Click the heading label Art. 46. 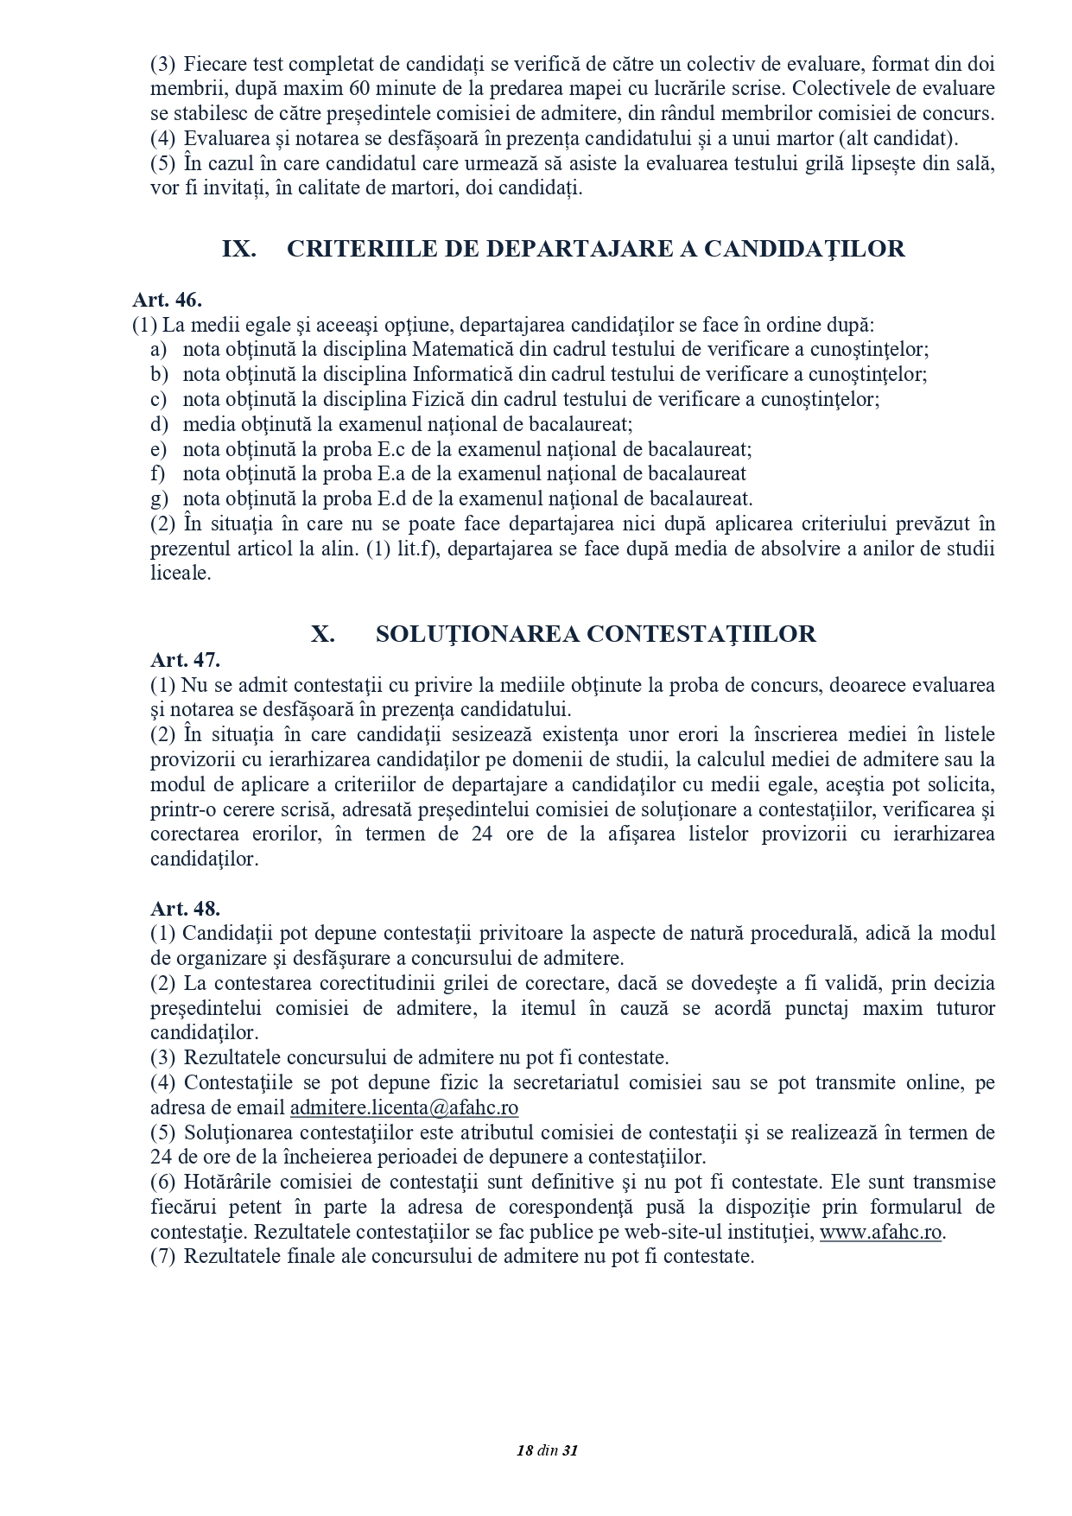[x=167, y=300]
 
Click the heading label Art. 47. [x=185, y=660]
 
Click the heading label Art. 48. [x=185, y=908]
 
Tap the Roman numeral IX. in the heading [x=239, y=250]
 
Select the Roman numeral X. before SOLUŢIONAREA [x=323, y=634]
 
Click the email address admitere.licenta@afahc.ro [x=404, y=1107]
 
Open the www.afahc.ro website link [x=880, y=1232]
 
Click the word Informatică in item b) [x=463, y=375]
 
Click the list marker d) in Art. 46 [x=158, y=425]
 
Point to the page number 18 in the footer [x=523, y=1450]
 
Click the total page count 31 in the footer [x=569, y=1450]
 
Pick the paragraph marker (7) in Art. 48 [x=163, y=1256]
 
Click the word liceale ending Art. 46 [x=181, y=574]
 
